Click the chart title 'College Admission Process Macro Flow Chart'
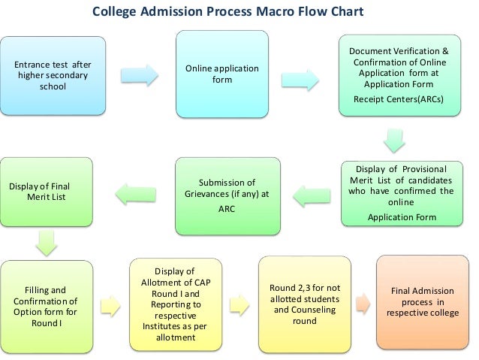pyautogui.click(x=227, y=13)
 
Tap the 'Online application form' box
pyautogui.click(x=221, y=74)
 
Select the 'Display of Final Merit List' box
pyautogui.click(x=47, y=192)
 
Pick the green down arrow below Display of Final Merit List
pyautogui.click(x=47, y=243)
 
